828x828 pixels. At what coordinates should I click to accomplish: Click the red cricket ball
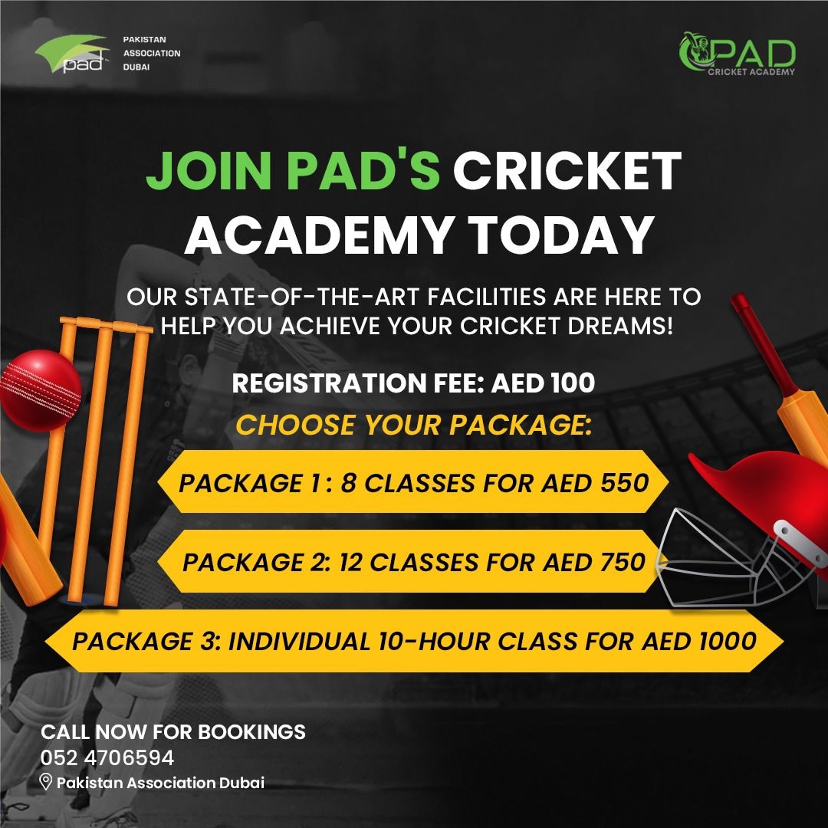click(40, 390)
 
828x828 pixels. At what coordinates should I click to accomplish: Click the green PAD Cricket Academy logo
click(738, 54)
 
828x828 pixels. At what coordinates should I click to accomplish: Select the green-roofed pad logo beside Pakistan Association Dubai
click(71, 54)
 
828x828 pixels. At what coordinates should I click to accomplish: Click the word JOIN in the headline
click(209, 170)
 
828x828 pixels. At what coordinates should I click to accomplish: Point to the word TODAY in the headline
click(560, 235)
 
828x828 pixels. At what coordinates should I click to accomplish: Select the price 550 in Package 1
click(624, 483)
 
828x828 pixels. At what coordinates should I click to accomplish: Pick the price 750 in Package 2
click(622, 562)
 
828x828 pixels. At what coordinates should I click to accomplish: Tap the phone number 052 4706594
click(107, 757)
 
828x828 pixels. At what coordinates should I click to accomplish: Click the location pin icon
click(46, 782)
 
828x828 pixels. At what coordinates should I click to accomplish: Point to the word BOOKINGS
click(251, 732)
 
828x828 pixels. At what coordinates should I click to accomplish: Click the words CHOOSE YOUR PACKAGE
click(413, 425)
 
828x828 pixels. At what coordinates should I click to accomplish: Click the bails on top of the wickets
click(106, 325)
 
